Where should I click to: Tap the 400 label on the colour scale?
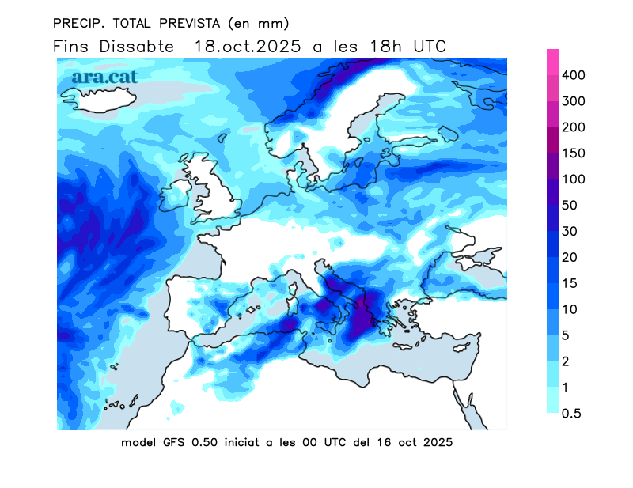coord(573,75)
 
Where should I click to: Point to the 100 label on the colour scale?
coord(573,180)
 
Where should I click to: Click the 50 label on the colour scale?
coord(570,206)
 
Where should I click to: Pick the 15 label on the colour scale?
coord(570,283)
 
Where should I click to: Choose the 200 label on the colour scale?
coord(573,127)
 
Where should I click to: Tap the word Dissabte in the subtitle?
coord(137,47)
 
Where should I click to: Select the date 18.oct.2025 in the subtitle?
coord(247,47)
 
